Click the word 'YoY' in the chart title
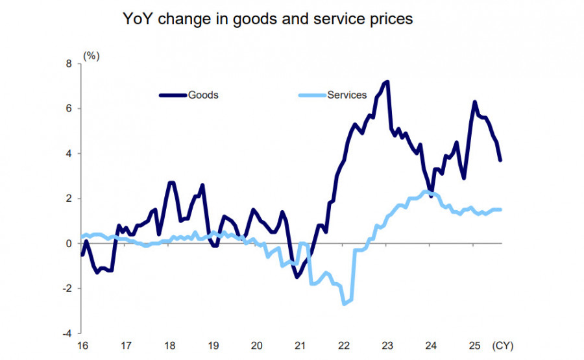click(137, 19)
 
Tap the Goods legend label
click(203, 95)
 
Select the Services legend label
click(347, 95)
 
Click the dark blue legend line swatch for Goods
click(173, 95)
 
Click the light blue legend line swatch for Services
click(311, 95)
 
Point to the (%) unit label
click(91, 55)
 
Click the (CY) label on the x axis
click(503, 345)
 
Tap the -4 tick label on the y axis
click(67, 333)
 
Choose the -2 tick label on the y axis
click(67, 288)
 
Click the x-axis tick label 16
click(82, 345)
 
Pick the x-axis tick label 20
click(256, 345)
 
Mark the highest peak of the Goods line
click(387, 82)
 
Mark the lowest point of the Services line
click(344, 304)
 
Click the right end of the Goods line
click(500, 160)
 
